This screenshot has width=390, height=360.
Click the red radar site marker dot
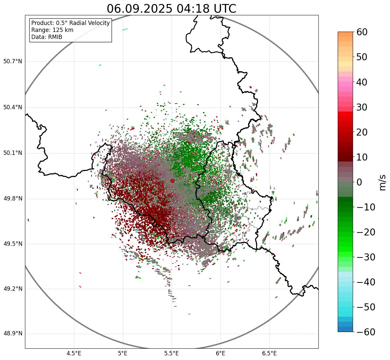pyautogui.click(x=172, y=181)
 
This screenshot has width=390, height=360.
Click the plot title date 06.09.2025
pyautogui.click(x=140, y=9)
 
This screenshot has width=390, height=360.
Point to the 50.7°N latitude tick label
pyautogui.click(x=13, y=62)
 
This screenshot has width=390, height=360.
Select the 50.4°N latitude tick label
pyautogui.click(x=13, y=108)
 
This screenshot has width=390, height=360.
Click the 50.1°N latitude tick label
pyautogui.click(x=13, y=153)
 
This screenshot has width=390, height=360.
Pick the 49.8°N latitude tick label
pyautogui.click(x=13, y=199)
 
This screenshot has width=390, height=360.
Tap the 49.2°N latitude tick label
pyautogui.click(x=13, y=289)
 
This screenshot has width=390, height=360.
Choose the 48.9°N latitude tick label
pyautogui.click(x=13, y=334)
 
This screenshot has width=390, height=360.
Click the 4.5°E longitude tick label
pyautogui.click(x=74, y=353)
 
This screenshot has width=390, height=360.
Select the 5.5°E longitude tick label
pyautogui.click(x=172, y=353)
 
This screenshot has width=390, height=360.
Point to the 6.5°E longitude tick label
pyautogui.click(x=269, y=353)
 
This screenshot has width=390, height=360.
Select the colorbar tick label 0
pyautogui.click(x=360, y=182)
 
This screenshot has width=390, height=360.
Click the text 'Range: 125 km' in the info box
pyautogui.click(x=52, y=30)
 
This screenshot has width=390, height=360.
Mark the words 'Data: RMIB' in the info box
pyautogui.click(x=47, y=37)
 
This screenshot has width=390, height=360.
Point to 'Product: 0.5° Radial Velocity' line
pyautogui.click(x=70, y=23)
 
